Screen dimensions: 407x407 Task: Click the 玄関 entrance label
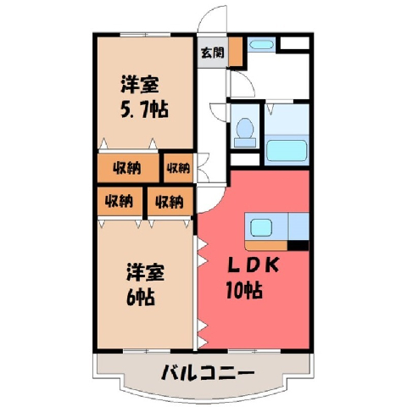pos(213,53)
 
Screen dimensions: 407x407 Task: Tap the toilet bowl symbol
pos(245,132)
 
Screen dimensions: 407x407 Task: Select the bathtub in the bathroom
pos(287,151)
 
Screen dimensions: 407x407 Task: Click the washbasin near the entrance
pos(262,45)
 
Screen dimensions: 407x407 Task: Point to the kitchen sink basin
pos(261,228)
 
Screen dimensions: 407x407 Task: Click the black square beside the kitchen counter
pos(298,245)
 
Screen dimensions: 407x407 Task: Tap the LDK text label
pos(254,265)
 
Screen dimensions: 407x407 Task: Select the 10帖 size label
pos(243,290)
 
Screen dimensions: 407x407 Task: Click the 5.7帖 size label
pos(144,109)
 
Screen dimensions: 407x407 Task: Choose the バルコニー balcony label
pos(208,373)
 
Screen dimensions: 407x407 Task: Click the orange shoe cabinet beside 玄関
pos(236,52)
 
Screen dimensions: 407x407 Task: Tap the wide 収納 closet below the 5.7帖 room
pos(128,168)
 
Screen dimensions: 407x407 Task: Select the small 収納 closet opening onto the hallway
pos(178,168)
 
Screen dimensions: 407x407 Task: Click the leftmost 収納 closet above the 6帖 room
pos(120,202)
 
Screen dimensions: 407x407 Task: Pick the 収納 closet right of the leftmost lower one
pos(170,202)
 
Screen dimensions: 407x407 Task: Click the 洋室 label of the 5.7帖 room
pos(140,84)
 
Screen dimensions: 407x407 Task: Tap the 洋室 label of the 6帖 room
pos(145,272)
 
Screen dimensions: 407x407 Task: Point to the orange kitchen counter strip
pos(266,245)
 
